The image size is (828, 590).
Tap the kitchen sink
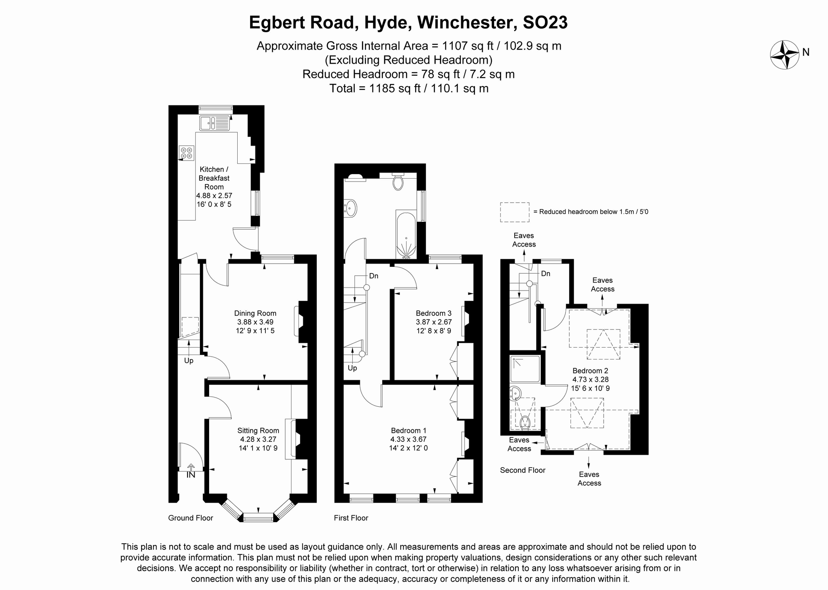(214, 123)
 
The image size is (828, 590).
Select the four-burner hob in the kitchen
(186, 152)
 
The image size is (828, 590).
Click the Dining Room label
(255, 313)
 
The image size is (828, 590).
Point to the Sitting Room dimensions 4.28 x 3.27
(258, 439)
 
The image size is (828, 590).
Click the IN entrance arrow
(191, 471)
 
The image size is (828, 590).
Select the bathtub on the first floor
(406, 235)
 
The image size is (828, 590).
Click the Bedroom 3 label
(433, 313)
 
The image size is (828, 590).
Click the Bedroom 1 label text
(408, 431)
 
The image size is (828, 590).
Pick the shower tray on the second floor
(525, 369)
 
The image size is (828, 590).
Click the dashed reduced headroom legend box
(515, 212)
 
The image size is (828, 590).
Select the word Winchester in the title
(467, 22)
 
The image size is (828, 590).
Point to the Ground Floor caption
(190, 518)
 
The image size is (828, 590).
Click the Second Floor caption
(522, 470)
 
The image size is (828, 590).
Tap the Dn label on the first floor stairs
(373, 276)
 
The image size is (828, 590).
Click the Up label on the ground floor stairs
(188, 361)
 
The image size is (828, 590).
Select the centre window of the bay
(258, 518)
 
